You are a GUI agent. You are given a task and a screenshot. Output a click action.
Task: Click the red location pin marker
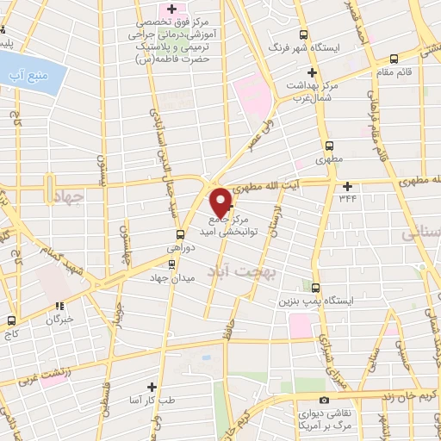[x=221, y=202]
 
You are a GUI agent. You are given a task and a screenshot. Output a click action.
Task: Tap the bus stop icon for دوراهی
[x=180, y=233]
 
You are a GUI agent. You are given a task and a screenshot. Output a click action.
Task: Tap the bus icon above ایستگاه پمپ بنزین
[x=316, y=288]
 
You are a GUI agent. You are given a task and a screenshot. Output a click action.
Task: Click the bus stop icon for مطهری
[x=328, y=146]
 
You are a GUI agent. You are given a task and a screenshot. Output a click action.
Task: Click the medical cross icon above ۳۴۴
[x=348, y=186]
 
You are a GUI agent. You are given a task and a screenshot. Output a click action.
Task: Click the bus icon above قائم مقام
[x=394, y=59]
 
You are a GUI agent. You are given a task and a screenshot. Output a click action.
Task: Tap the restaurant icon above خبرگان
[x=59, y=306]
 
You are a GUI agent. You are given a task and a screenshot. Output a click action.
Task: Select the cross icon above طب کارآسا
[x=152, y=387]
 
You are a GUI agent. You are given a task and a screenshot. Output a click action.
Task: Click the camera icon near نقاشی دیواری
[x=323, y=400]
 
